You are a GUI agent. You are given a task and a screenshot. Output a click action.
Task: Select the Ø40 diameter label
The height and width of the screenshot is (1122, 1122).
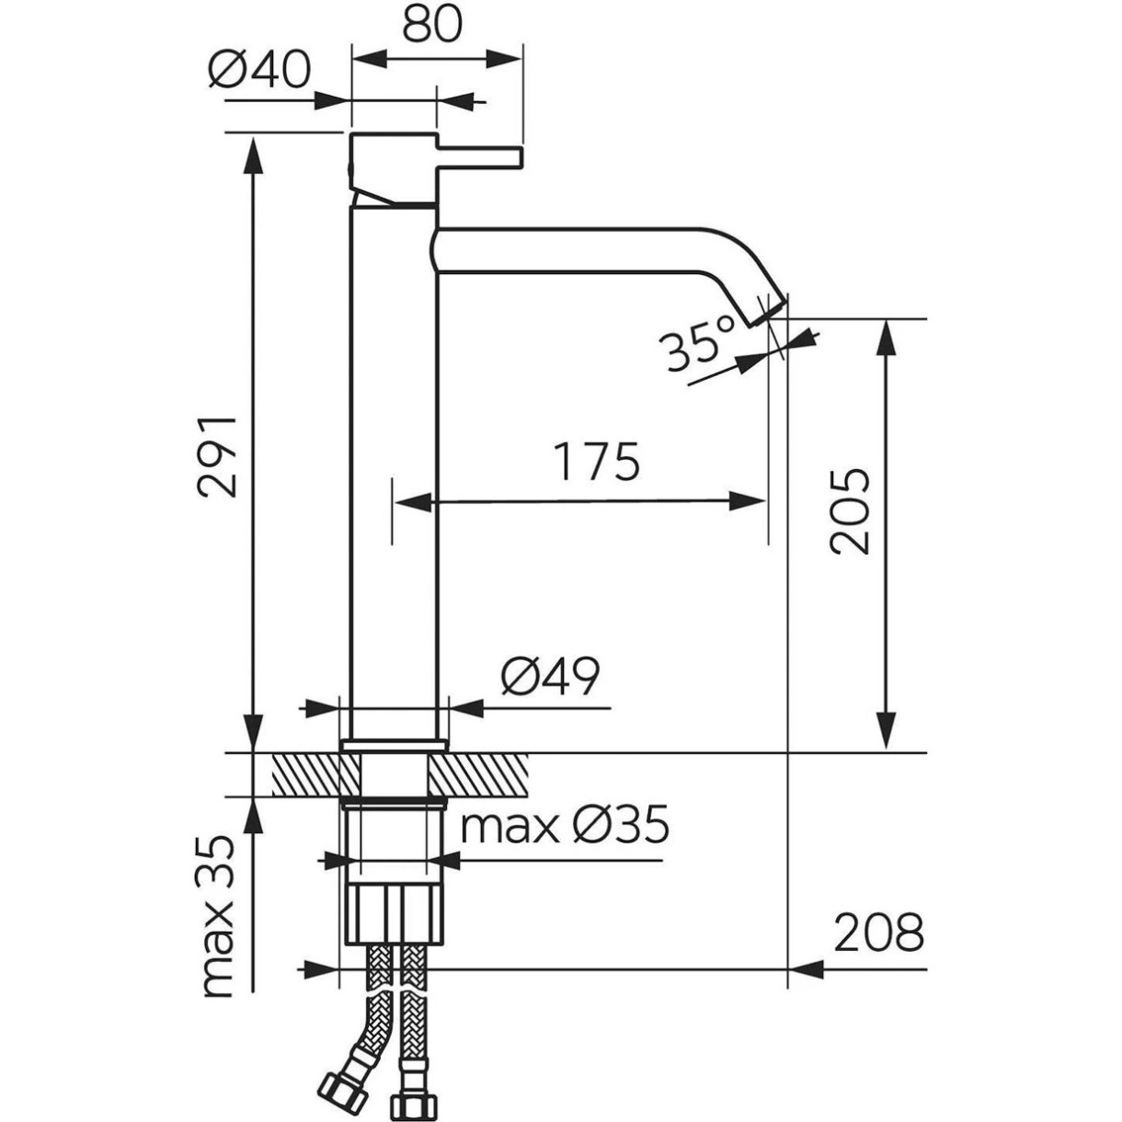[x=259, y=69]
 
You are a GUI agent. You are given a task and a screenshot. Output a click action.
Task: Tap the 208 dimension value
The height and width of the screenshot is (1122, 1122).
[x=878, y=934]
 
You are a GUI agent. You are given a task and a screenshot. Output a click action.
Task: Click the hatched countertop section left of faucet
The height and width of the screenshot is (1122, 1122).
[x=306, y=774]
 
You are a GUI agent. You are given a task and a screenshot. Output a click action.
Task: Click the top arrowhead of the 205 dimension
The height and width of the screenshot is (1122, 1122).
[x=886, y=335]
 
